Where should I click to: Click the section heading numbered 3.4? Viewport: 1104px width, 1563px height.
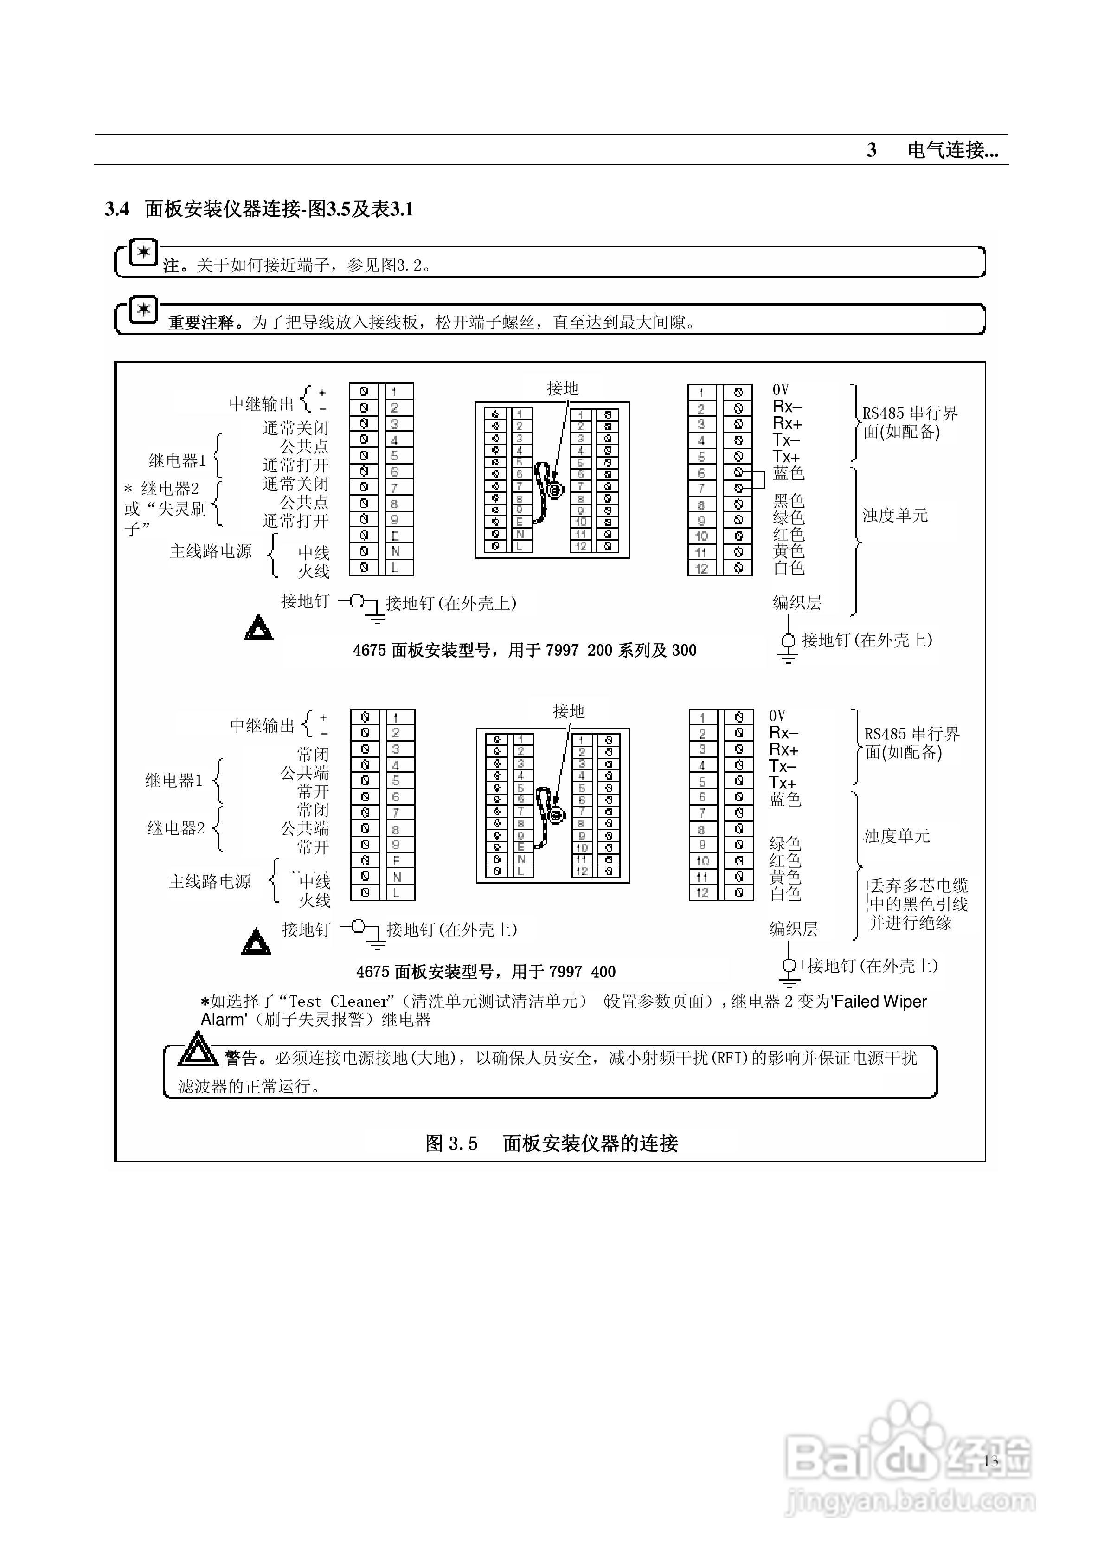tap(259, 209)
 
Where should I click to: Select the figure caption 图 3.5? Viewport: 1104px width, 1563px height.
tap(552, 1143)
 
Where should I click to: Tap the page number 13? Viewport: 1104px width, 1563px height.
tap(990, 1460)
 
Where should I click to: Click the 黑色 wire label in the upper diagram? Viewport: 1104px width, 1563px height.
tap(788, 501)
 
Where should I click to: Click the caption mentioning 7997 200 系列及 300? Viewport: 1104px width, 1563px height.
tap(524, 650)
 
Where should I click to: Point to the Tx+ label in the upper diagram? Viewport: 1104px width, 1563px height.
tap(786, 457)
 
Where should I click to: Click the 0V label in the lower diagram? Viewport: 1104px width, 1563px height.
tap(777, 716)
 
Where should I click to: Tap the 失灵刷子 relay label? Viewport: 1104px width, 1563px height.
tap(166, 509)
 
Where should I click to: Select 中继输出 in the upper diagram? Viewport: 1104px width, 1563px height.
tap(261, 404)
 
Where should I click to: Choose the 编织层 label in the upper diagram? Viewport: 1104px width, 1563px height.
tap(796, 602)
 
